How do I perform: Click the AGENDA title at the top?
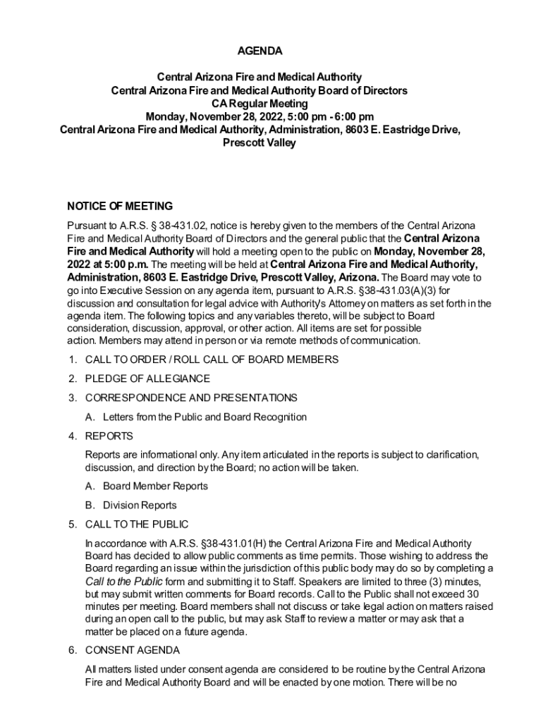pyautogui.click(x=259, y=51)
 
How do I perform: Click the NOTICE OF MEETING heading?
pyautogui.click(x=120, y=207)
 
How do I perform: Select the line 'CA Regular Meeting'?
pyautogui.click(x=260, y=104)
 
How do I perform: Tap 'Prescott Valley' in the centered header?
pyautogui.click(x=260, y=143)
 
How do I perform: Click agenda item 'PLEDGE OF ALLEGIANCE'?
pyautogui.click(x=147, y=379)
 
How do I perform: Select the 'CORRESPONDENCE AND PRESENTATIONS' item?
pyautogui.click(x=191, y=398)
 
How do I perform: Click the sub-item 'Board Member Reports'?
pyautogui.click(x=155, y=486)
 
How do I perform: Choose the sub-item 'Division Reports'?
pyautogui.click(x=140, y=505)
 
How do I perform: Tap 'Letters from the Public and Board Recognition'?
pyautogui.click(x=205, y=417)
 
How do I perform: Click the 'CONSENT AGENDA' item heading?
pyautogui.click(x=133, y=650)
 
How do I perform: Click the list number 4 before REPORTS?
pyautogui.click(x=72, y=436)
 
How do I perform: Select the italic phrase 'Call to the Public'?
pyautogui.click(x=124, y=581)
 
